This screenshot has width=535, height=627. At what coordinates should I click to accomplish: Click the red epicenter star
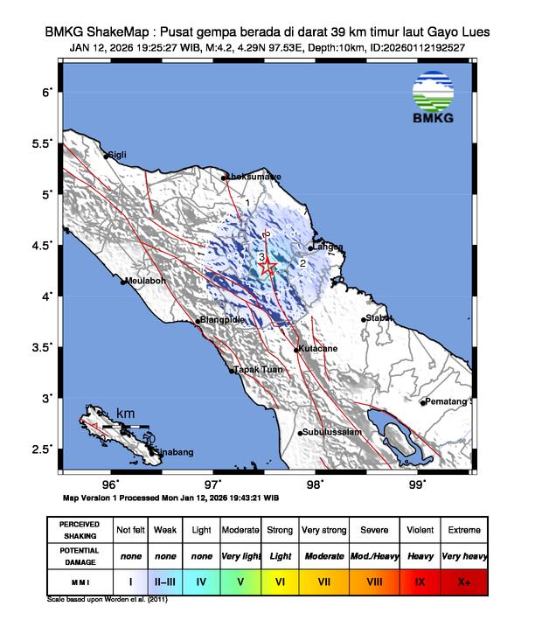268,267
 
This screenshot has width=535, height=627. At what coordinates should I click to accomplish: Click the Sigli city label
117,155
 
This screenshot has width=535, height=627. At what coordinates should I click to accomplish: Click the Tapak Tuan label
256,371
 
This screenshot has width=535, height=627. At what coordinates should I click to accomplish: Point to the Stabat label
379,317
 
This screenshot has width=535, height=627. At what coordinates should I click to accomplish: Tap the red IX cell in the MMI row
420,579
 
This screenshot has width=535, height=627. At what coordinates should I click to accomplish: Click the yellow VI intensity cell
280,579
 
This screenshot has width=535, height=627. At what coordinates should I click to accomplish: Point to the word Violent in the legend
420,530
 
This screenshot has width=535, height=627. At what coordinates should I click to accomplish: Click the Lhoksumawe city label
254,177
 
